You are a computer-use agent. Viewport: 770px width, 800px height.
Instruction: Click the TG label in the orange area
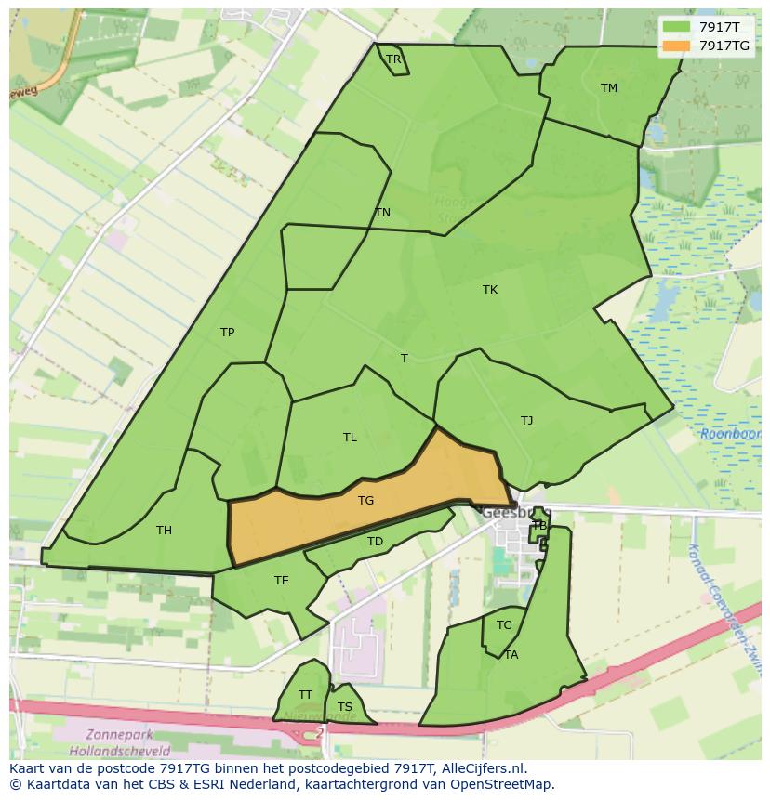365,501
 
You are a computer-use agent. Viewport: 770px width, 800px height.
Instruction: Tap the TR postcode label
393,59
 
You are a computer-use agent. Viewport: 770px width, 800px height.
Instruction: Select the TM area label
608,88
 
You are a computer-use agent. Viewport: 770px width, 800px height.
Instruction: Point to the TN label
382,213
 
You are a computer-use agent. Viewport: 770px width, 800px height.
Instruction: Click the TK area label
490,290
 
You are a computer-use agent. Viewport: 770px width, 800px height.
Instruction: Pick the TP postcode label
227,333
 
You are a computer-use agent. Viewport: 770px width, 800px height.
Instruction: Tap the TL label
350,438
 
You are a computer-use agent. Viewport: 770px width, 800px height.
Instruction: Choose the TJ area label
526,421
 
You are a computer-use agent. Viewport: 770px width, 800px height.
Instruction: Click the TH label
164,531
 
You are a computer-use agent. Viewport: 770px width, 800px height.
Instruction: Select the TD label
375,542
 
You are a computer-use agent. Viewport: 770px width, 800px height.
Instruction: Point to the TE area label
281,581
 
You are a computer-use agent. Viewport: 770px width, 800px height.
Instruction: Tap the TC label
504,625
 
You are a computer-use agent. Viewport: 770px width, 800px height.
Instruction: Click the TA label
511,655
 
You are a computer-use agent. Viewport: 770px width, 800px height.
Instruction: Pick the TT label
305,695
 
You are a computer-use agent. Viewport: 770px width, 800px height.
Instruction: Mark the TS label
345,707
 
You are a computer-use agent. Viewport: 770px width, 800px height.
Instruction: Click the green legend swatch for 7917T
676,27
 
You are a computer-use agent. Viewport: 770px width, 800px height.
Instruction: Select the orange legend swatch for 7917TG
676,46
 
